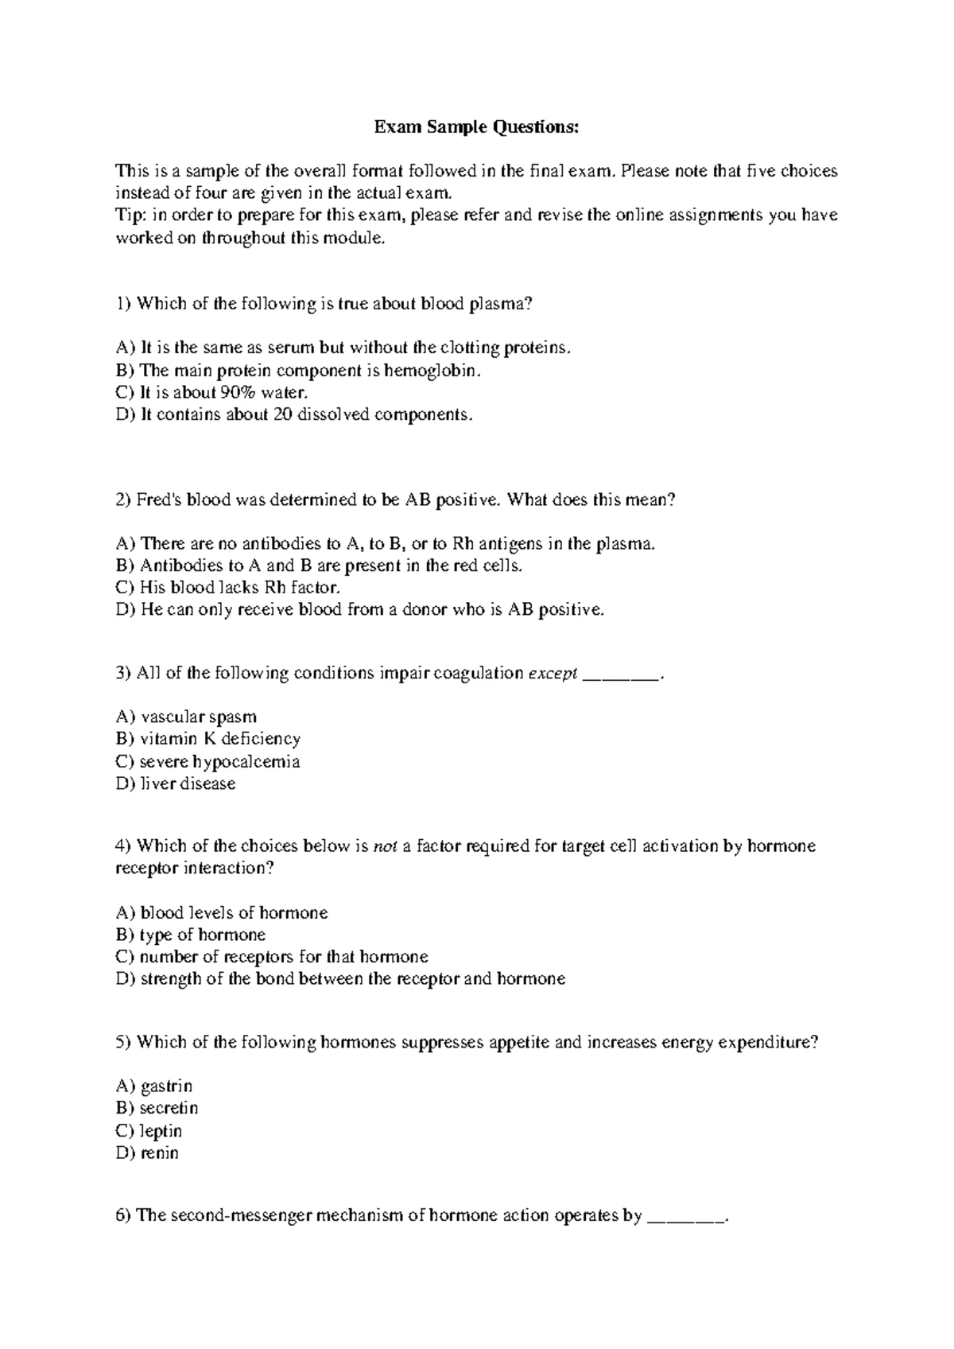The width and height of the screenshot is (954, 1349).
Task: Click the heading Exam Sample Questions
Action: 476,126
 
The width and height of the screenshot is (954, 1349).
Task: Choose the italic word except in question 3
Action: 553,674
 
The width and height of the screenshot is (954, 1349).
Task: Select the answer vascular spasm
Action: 198,717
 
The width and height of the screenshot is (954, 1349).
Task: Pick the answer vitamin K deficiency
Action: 219,739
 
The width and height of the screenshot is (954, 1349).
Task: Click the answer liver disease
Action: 188,783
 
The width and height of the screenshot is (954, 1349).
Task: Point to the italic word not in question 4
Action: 386,846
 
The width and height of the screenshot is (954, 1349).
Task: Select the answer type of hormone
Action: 202,935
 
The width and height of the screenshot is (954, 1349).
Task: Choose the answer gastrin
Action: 166,1087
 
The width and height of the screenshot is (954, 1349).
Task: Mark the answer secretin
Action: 169,1108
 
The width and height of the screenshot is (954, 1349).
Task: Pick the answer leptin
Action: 161,1131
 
